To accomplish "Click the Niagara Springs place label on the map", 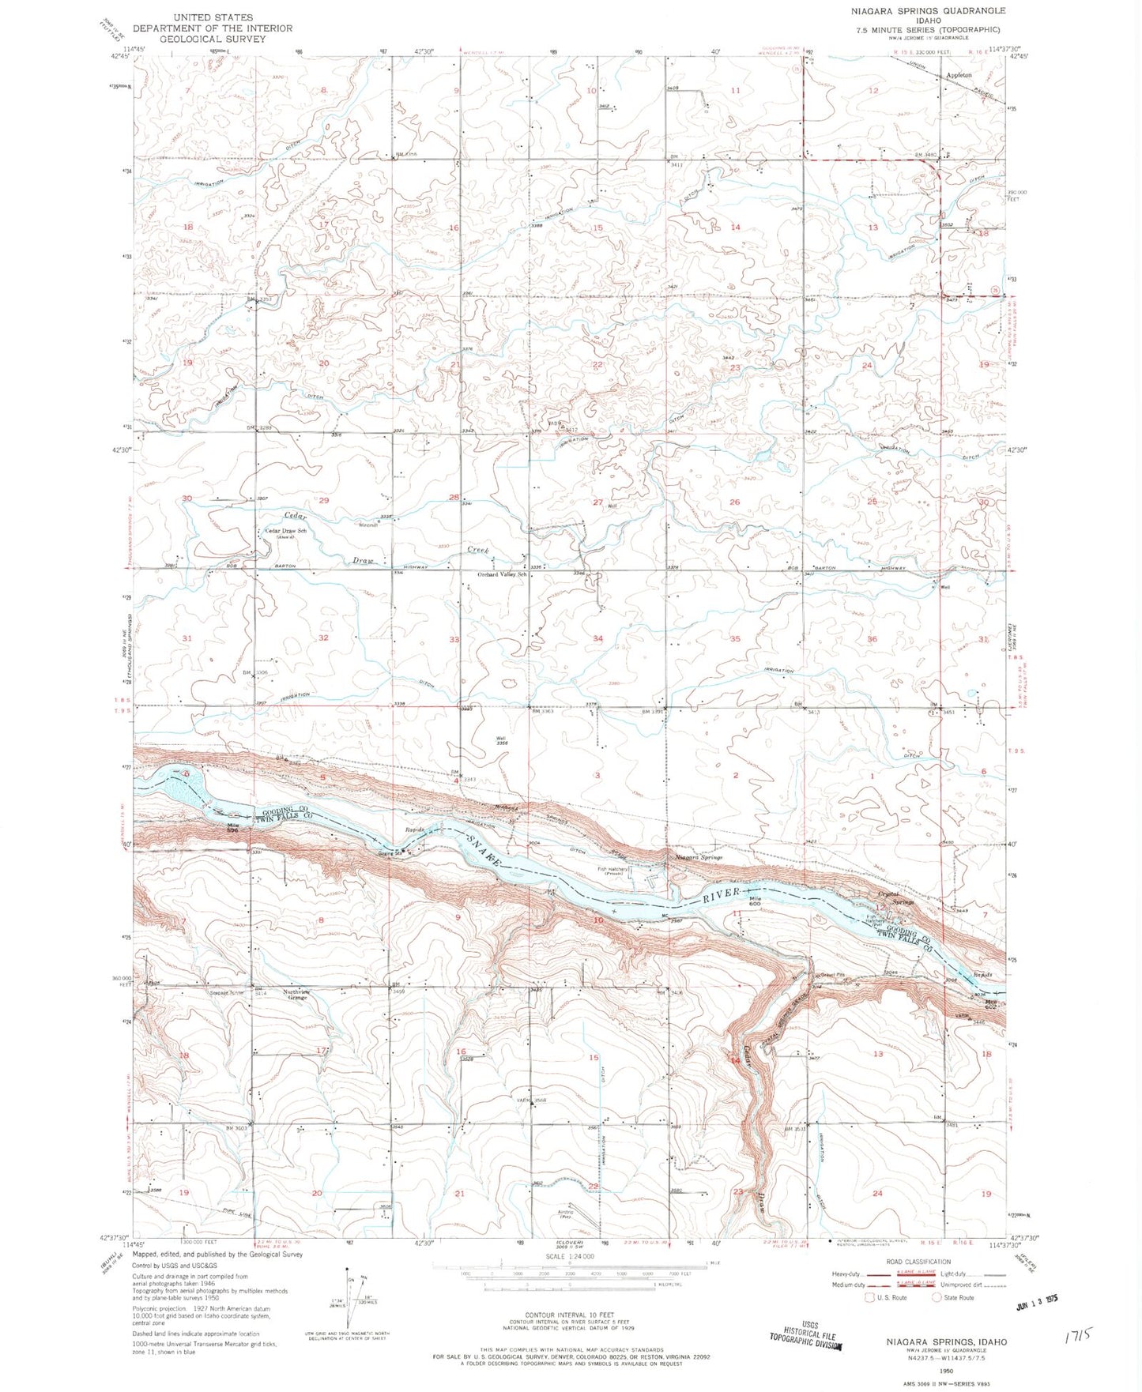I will pos(698,857).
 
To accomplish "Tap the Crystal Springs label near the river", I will pos(895,898).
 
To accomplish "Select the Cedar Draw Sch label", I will pos(285,532).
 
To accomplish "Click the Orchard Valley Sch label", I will pos(501,574).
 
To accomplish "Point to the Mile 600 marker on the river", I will pos(754,902).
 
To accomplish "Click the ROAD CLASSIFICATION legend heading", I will pos(918,1262).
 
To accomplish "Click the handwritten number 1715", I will pos(1077,1335).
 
